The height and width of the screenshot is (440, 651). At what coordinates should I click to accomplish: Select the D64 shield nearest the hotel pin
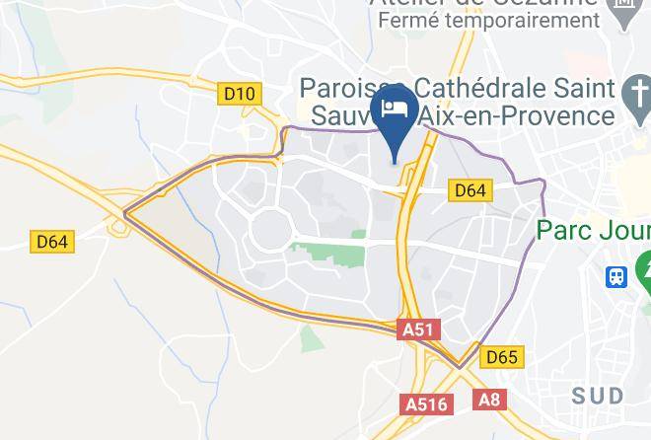click(x=470, y=190)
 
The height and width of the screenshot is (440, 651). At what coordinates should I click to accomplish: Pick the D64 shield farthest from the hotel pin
click(x=52, y=242)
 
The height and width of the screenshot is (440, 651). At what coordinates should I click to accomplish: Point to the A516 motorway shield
click(x=426, y=403)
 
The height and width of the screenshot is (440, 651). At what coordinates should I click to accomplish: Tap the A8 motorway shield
click(x=488, y=399)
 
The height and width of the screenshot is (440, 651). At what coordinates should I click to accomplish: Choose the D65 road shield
click(x=501, y=357)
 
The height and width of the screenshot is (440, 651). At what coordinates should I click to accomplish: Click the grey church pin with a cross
click(x=634, y=96)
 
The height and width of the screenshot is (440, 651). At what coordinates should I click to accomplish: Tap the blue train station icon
click(x=616, y=276)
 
